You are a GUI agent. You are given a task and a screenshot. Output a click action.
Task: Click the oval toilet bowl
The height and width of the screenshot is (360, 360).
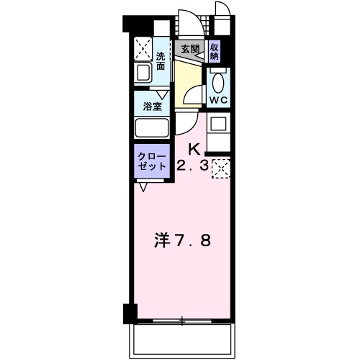[x=218, y=79]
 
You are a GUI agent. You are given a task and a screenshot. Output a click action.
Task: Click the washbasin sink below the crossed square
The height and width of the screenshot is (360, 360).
[x=143, y=73]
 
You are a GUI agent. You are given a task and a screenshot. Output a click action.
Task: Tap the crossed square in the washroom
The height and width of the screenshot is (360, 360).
[x=143, y=48]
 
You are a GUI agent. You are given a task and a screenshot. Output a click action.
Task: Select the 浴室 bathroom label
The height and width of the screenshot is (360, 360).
[x=151, y=105]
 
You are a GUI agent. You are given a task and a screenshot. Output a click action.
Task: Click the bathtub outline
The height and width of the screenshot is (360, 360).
[x=152, y=130]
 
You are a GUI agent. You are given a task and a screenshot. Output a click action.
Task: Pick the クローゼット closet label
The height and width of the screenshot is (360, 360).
[x=151, y=159]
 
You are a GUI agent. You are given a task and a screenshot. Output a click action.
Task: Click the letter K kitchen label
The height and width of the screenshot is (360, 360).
[x=193, y=150]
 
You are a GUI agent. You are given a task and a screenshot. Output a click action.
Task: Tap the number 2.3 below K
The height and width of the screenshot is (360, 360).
[x=193, y=166]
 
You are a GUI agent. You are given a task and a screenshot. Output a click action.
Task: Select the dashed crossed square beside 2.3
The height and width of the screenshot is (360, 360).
[x=220, y=168]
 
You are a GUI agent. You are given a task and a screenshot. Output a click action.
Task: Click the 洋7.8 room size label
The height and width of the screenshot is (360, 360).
[x=184, y=240]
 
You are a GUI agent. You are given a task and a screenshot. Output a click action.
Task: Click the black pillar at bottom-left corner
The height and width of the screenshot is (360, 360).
[x=130, y=314]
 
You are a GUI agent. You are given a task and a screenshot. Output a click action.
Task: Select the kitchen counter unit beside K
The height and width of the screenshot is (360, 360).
[x=217, y=130]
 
